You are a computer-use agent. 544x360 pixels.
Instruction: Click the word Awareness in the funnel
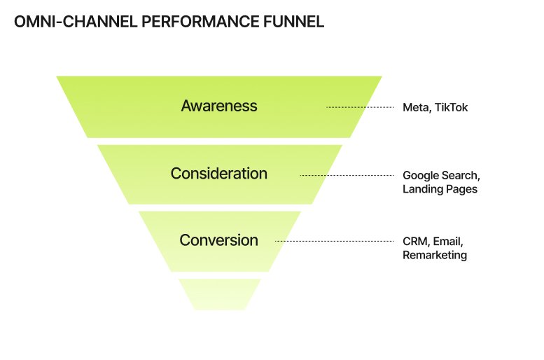tap(219, 106)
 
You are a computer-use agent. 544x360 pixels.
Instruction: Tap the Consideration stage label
tap(219, 174)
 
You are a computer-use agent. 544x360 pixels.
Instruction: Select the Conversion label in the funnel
tap(219, 240)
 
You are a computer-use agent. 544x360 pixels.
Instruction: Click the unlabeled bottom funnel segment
tap(219, 293)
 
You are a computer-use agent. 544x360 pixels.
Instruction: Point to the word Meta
tap(416, 108)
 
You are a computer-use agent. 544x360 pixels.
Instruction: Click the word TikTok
tap(451, 108)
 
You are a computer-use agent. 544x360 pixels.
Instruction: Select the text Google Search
tap(441, 175)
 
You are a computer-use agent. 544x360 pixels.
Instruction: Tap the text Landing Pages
tap(440, 189)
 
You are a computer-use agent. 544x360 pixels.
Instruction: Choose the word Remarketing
tap(435, 255)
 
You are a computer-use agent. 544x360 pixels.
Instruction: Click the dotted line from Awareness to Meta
tap(360, 107)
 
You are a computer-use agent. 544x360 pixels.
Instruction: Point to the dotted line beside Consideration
tap(347, 174)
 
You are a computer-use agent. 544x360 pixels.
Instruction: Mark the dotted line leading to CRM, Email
tap(334, 241)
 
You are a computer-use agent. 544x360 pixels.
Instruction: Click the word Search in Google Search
tap(461, 175)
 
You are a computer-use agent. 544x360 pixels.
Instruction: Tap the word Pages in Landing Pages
tap(462, 189)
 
